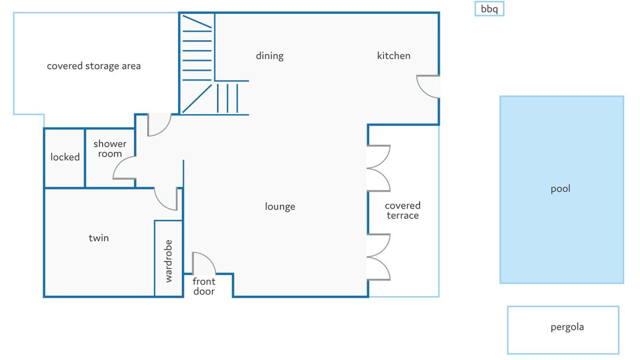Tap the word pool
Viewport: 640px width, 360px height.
coord(560,189)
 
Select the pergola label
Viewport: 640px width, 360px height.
coord(567,327)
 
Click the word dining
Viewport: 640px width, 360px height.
coord(269,55)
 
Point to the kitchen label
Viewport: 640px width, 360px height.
coord(393,55)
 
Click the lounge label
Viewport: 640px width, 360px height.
coord(280,206)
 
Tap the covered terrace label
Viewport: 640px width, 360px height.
coord(402,210)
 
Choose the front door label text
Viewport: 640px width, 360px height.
coord(203,286)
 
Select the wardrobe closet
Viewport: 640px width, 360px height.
coord(168,258)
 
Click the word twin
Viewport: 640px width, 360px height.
coord(98,238)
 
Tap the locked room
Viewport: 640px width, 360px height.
coord(64,158)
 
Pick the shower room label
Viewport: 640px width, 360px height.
coord(110,148)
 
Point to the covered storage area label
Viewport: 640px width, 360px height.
coord(93,66)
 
